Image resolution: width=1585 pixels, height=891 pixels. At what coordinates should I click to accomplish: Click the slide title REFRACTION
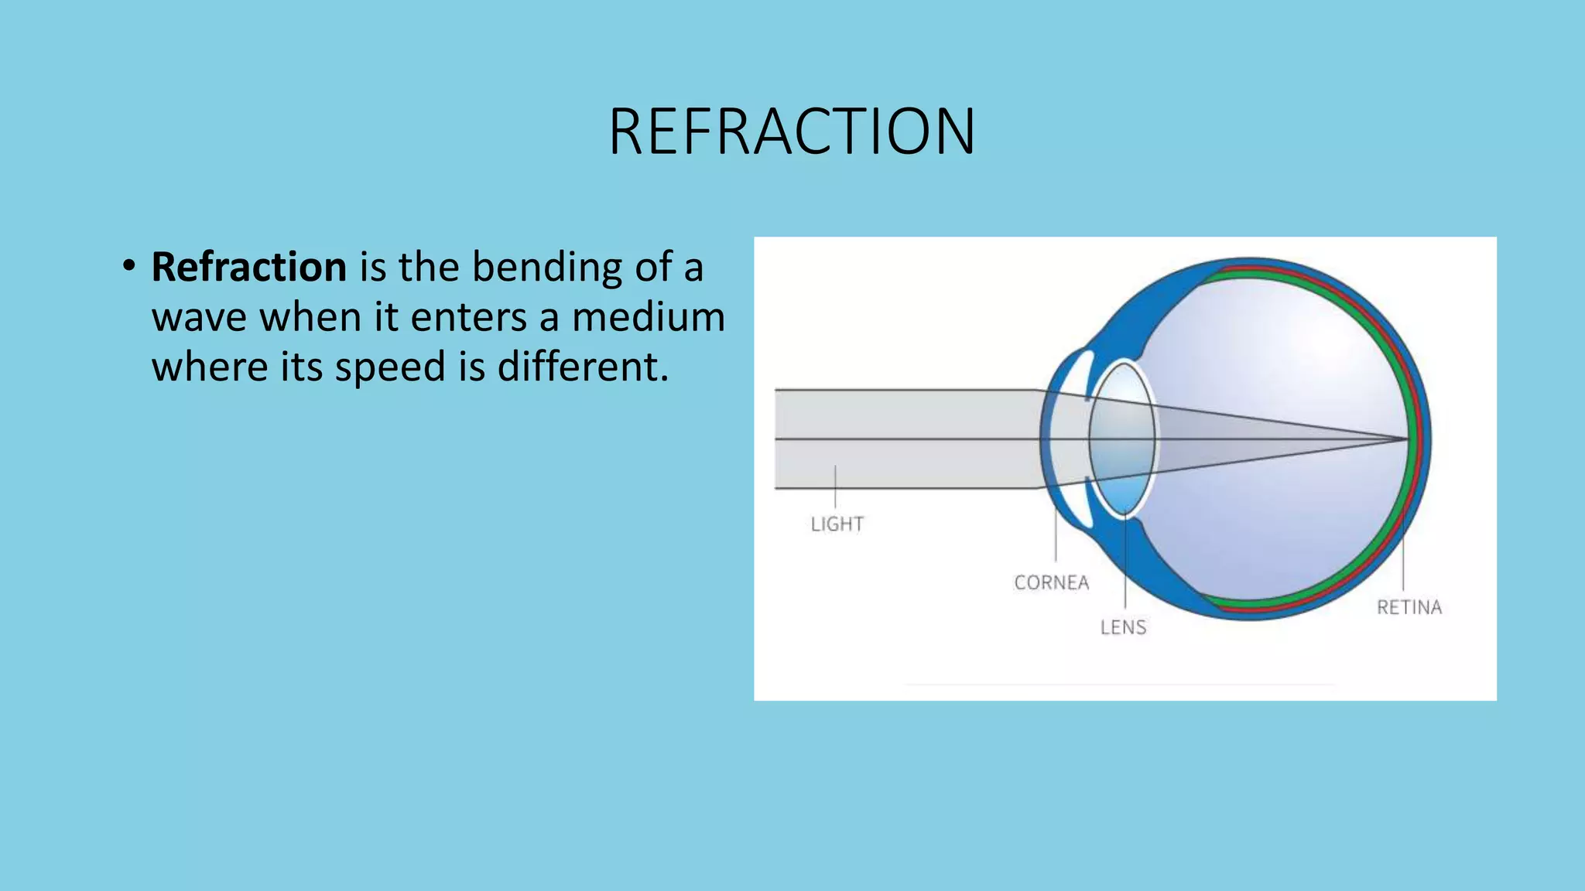(792, 131)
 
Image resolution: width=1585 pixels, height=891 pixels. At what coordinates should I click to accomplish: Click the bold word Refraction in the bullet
(248, 267)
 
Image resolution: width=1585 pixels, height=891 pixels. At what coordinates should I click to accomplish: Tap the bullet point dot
(128, 266)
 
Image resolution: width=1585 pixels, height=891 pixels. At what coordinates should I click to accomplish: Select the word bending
(546, 267)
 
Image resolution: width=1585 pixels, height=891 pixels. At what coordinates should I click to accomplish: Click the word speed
(390, 367)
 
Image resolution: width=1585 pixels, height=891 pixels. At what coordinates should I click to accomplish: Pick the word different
(582, 366)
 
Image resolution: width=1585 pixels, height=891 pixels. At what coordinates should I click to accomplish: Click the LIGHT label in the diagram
(837, 524)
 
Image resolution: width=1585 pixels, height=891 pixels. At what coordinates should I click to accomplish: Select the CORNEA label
(1051, 582)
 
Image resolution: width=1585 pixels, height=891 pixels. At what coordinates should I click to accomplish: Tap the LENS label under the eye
(1123, 627)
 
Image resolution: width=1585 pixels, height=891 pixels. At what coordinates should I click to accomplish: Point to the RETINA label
(1409, 607)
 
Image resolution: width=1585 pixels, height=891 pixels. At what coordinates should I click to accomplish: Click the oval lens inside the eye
(1122, 439)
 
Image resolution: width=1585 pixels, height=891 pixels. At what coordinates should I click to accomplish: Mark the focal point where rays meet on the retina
(1406, 439)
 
